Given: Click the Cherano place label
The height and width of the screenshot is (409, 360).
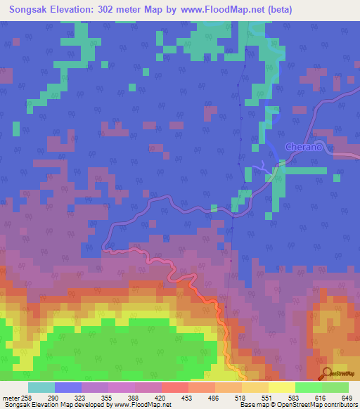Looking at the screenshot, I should pos(303,147).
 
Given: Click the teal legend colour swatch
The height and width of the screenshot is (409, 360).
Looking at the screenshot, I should pos(41,387).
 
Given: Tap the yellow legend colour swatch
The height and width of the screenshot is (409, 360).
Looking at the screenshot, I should pos(282,387).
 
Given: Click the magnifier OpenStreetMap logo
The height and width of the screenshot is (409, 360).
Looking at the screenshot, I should pos(327,375).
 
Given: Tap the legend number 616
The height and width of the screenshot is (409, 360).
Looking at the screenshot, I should pos(313,398).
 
